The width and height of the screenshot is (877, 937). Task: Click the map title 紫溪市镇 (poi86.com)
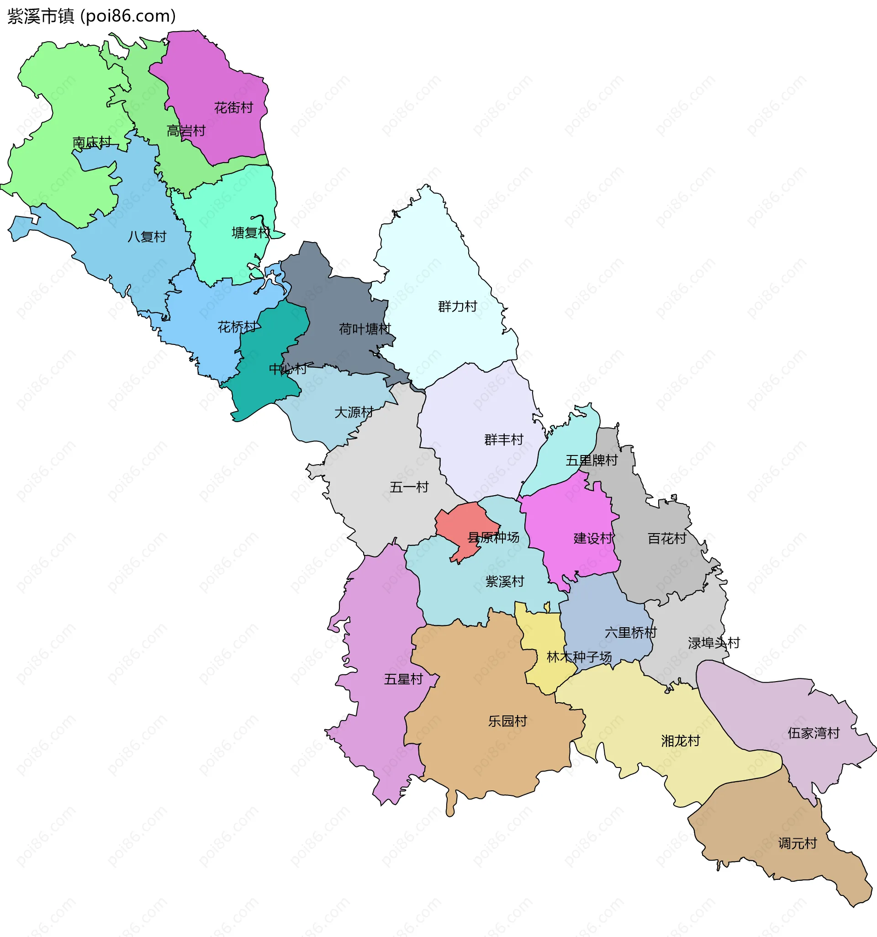91,16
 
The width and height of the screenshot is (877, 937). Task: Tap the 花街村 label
233,108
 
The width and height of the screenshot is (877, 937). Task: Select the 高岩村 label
186,131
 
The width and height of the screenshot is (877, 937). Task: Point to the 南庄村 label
92,142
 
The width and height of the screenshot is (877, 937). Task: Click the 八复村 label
147,237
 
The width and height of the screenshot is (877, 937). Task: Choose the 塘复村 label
251,233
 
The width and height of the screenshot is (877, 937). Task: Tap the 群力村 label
457,307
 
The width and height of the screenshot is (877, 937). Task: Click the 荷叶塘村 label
365,329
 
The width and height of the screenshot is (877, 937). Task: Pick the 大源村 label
354,413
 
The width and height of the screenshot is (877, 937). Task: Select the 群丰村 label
504,440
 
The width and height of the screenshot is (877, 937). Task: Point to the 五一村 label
409,487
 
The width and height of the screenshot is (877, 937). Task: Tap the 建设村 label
593,538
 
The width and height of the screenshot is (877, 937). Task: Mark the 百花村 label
667,538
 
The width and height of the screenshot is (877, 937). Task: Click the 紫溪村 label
505,582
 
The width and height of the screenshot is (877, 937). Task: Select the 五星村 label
403,679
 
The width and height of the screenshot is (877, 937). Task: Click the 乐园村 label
507,721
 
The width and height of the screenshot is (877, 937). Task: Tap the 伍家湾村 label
814,733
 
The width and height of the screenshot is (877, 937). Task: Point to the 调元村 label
798,843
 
